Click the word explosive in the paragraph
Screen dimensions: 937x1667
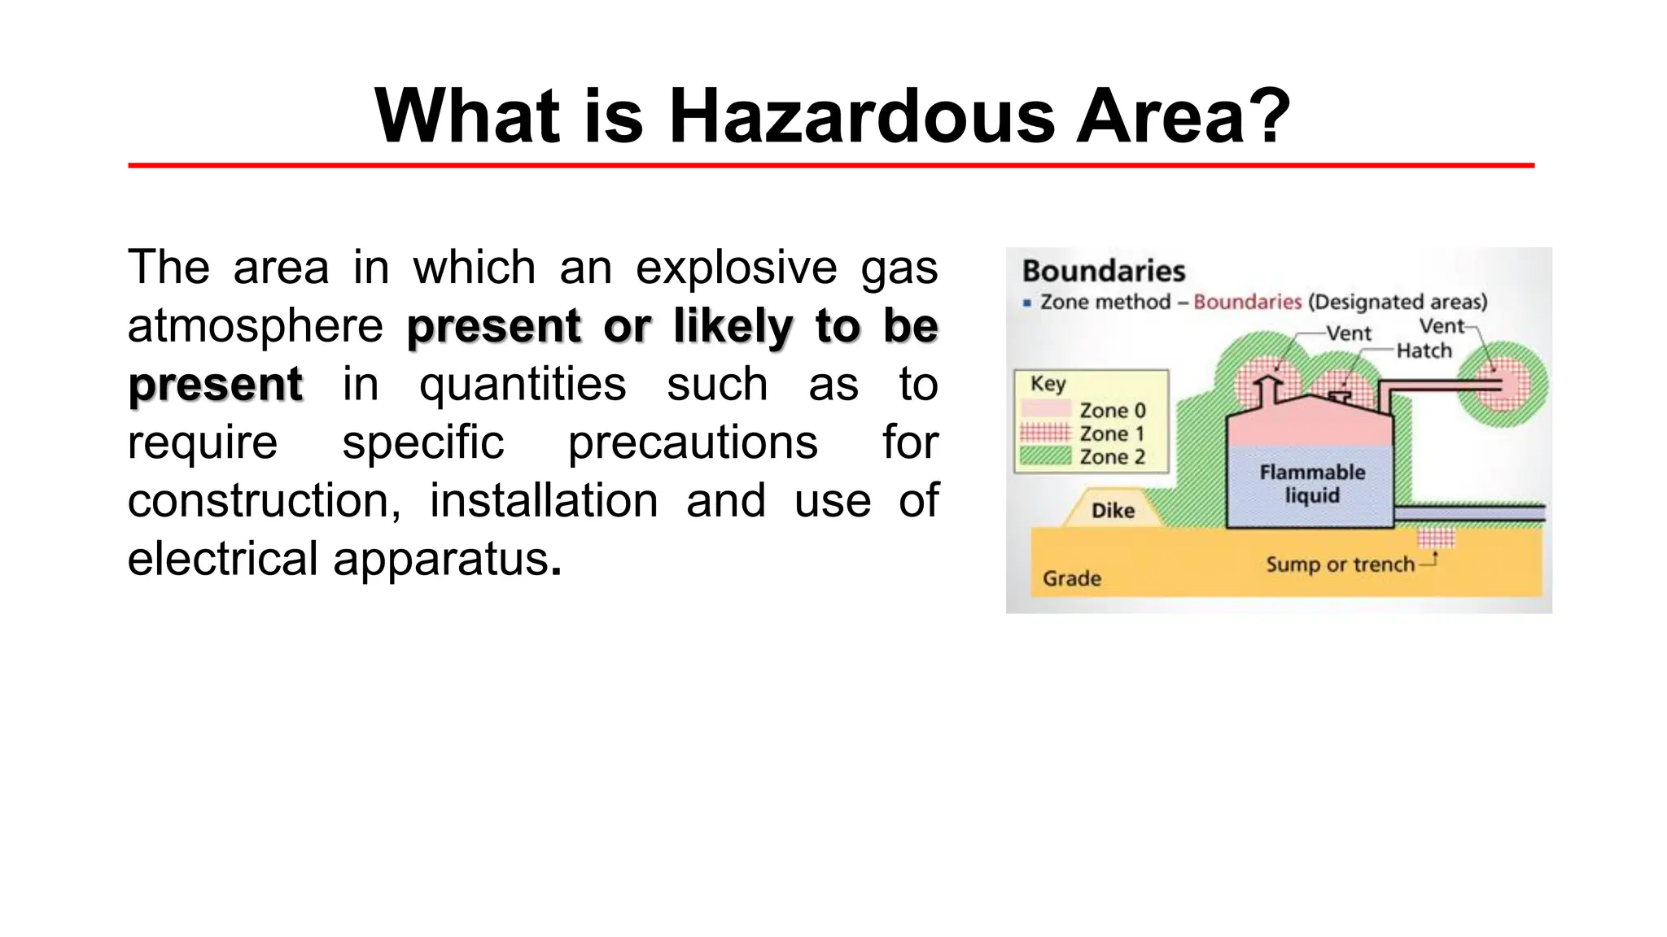tap(736, 268)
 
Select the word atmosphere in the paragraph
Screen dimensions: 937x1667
tap(255, 326)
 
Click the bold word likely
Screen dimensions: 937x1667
tap(733, 326)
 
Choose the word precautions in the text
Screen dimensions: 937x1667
tap(693, 442)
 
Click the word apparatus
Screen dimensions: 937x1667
tap(441, 559)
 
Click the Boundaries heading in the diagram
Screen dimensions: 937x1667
tap(1103, 271)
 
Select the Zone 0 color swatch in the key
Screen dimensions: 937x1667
tap(1045, 409)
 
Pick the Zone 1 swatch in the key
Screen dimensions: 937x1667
tap(1045, 432)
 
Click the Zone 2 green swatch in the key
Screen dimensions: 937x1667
tap(1045, 455)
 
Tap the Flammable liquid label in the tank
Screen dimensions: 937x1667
tap(1312, 483)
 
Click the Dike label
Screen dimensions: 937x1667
tap(1113, 511)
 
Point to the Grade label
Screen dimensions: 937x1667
tap(1072, 578)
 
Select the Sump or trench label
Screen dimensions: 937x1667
tap(1340, 564)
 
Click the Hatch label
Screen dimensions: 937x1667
tap(1424, 351)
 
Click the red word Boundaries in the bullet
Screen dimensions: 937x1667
tap(1247, 302)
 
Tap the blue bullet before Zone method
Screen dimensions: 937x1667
tap(1027, 303)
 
